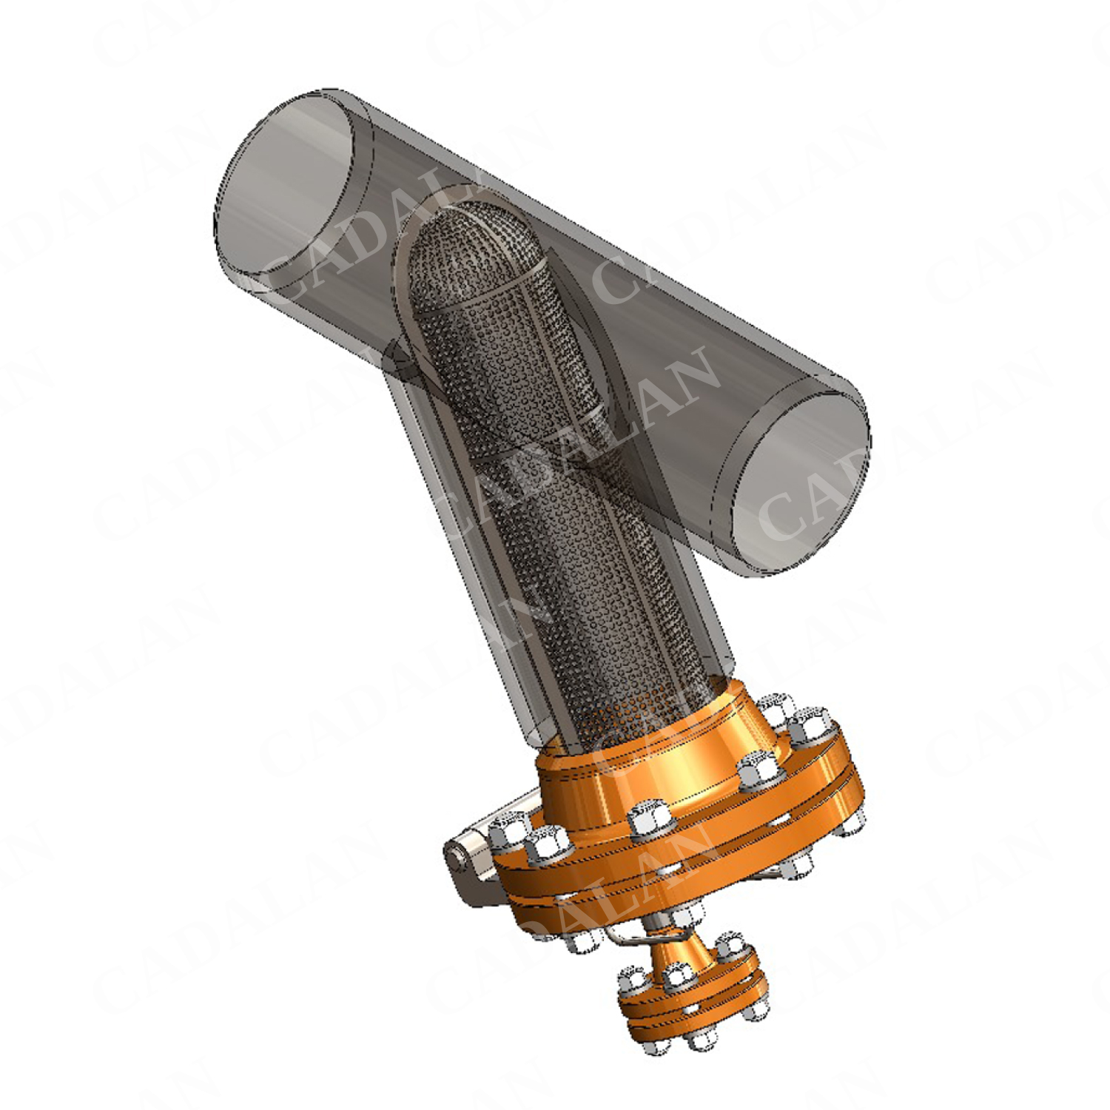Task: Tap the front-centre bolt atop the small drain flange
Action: pos(676,977)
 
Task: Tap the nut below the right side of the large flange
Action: pos(799,866)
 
